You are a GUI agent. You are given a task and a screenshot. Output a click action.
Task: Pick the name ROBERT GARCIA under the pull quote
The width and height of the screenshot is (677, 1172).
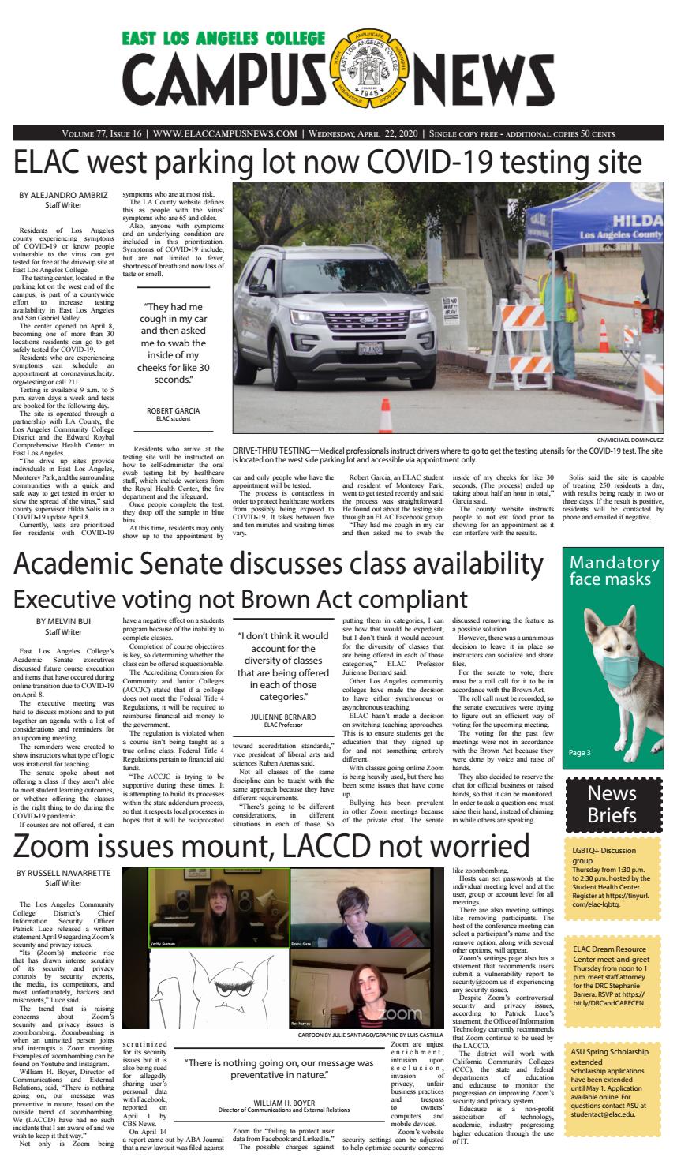click(x=173, y=410)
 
